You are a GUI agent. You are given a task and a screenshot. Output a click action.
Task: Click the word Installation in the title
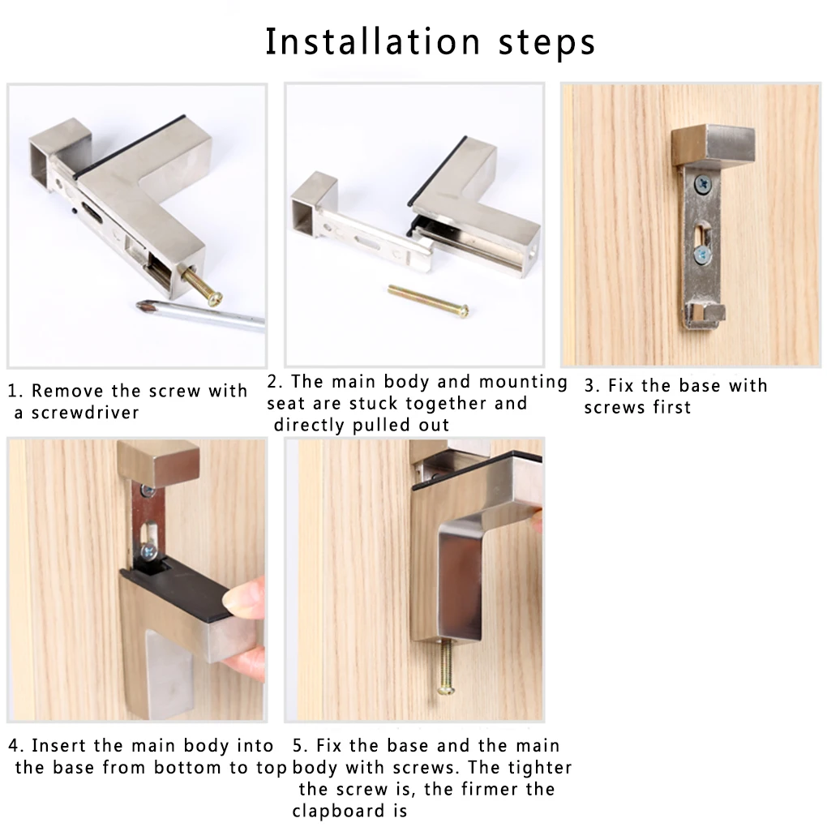372,41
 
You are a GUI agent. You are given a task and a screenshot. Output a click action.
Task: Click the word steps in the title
547,43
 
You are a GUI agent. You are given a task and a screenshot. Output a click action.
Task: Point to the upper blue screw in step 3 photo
703,184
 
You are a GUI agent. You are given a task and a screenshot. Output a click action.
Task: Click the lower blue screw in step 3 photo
702,255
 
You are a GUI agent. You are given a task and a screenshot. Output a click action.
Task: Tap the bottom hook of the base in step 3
705,315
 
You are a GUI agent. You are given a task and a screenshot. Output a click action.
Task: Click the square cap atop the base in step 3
713,146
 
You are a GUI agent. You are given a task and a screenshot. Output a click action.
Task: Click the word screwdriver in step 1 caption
85,413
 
